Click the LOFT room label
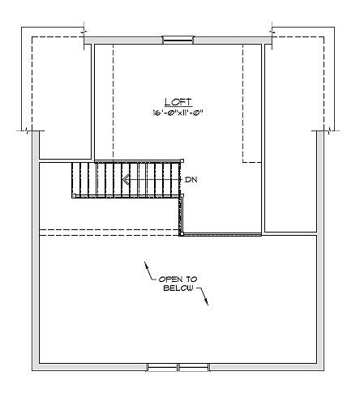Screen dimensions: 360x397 [x=178, y=102]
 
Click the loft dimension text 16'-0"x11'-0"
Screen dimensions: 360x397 [x=178, y=113]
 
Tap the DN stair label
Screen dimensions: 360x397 [x=191, y=180]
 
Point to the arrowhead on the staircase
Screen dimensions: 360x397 [x=126, y=180]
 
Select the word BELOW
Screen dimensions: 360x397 [x=178, y=288]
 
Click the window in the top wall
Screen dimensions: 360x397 [x=178, y=40]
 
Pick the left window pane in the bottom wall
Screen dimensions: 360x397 [x=162, y=367]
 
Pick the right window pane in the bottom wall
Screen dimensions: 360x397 [x=194, y=367]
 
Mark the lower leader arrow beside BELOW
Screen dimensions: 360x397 [x=204, y=296]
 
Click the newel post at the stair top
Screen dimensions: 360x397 [x=182, y=160]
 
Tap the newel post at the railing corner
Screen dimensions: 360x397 [x=182, y=234]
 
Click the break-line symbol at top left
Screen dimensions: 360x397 [x=84, y=32]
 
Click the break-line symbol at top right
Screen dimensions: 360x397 [x=272, y=32]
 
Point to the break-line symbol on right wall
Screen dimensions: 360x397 [x=329, y=131]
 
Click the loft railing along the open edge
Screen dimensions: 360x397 [x=222, y=235]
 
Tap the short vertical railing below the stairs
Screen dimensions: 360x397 [x=181, y=215]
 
